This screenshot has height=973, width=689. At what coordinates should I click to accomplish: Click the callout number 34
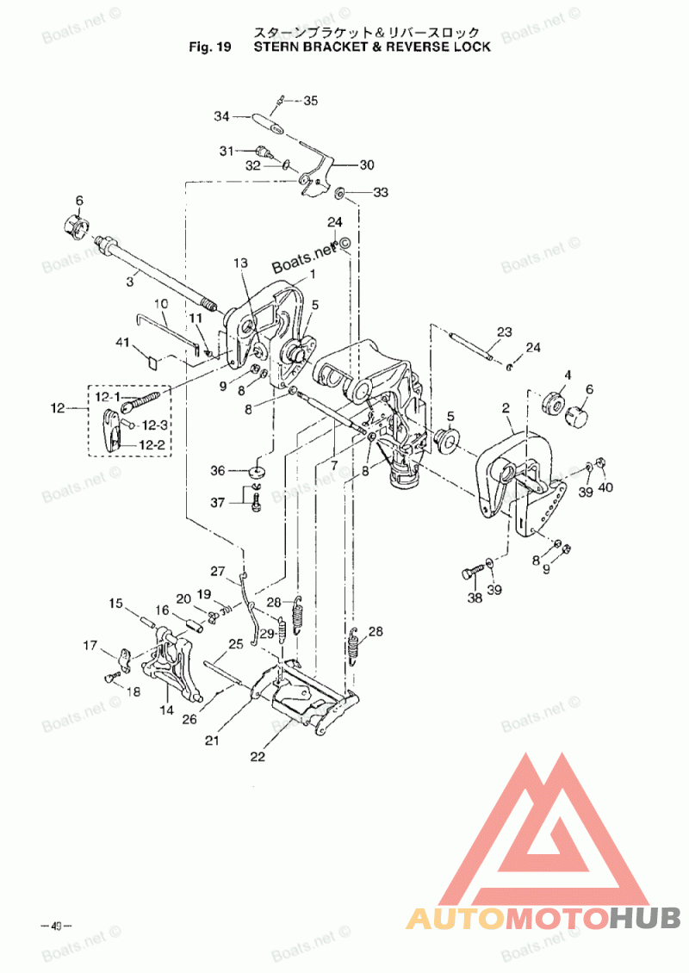click(221, 116)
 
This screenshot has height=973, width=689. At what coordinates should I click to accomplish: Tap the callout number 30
click(367, 164)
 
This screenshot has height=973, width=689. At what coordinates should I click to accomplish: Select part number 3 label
click(131, 281)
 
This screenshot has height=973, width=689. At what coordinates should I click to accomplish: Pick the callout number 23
click(504, 332)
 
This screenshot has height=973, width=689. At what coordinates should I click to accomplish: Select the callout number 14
click(166, 710)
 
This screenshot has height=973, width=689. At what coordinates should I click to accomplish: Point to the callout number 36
click(219, 470)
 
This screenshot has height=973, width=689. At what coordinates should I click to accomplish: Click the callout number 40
click(606, 490)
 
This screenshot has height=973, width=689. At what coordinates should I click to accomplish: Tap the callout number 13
click(239, 263)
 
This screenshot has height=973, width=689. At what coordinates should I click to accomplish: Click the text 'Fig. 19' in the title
click(210, 47)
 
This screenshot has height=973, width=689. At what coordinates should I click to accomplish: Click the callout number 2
click(506, 407)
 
